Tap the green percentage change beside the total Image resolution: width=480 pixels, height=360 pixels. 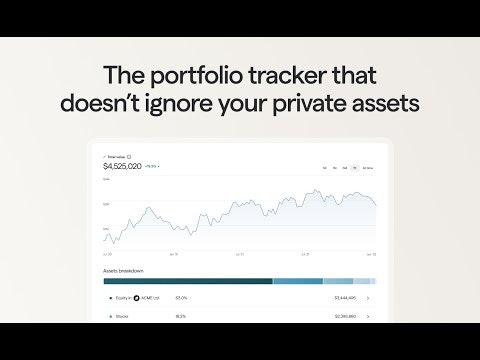pyautogui.click(x=152, y=166)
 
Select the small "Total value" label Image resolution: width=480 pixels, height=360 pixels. pyautogui.click(x=116, y=157)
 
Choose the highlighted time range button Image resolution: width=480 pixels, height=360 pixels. pyautogui.click(x=355, y=167)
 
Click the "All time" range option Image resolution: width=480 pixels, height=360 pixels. pyautogui.click(x=368, y=167)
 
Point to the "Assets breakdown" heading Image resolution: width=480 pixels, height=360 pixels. pyautogui.click(x=123, y=271)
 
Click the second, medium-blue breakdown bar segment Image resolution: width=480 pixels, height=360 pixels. pyautogui.click(x=297, y=281)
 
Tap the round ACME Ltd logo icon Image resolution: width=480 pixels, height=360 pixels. pyautogui.click(x=137, y=298)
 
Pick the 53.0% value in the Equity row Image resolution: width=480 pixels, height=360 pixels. pyautogui.click(x=181, y=298)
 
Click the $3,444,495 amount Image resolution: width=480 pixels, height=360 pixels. pyautogui.click(x=345, y=298)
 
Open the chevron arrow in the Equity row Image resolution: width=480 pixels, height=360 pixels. pyautogui.click(x=369, y=298)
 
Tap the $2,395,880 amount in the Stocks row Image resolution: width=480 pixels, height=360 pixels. pyautogui.click(x=345, y=316)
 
